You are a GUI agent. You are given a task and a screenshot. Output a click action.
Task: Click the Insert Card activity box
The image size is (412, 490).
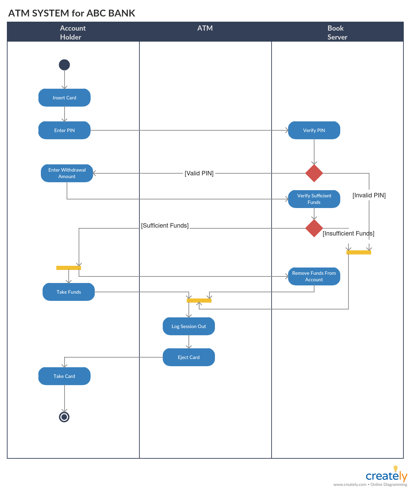click(x=64, y=98)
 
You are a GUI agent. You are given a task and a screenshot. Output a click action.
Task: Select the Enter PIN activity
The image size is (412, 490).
click(x=64, y=130)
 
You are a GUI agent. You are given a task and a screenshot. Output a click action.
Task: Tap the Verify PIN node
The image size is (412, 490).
click(x=314, y=130)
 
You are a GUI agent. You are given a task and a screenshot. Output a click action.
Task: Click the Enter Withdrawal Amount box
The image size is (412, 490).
click(x=67, y=173)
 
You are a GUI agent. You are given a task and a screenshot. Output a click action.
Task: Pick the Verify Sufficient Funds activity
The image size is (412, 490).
click(x=314, y=199)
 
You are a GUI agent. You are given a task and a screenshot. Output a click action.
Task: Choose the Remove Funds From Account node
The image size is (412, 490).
click(x=314, y=276)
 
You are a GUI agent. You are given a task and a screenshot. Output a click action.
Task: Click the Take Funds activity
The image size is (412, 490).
click(x=69, y=292)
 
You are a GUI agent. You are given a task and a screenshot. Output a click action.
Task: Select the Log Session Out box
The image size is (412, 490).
click(x=188, y=326)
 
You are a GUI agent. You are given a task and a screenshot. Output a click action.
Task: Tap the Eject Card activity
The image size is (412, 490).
click(x=188, y=357)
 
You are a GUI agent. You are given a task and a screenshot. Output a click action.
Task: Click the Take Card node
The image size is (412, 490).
click(x=64, y=376)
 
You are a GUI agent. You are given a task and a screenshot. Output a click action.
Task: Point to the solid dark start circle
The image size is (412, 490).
click(x=64, y=65)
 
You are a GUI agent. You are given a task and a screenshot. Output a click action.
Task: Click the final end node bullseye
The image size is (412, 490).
click(x=64, y=417)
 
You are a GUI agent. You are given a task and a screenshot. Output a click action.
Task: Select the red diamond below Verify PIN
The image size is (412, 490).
click(x=314, y=173)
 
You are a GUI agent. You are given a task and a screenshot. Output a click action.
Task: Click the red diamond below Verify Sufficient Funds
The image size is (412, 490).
click(x=314, y=228)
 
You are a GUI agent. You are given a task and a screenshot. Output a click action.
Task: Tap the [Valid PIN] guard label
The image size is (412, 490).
click(x=199, y=173)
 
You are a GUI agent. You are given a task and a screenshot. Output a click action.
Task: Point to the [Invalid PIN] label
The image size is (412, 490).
click(x=369, y=195)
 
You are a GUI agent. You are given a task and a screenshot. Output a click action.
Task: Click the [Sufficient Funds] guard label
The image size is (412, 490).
click(x=165, y=226)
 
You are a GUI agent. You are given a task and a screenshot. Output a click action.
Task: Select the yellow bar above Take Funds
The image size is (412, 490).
click(x=69, y=268)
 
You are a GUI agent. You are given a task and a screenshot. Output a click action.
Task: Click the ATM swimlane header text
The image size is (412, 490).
click(x=205, y=28)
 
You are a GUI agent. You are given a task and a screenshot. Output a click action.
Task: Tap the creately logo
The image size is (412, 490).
click(x=386, y=476)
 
